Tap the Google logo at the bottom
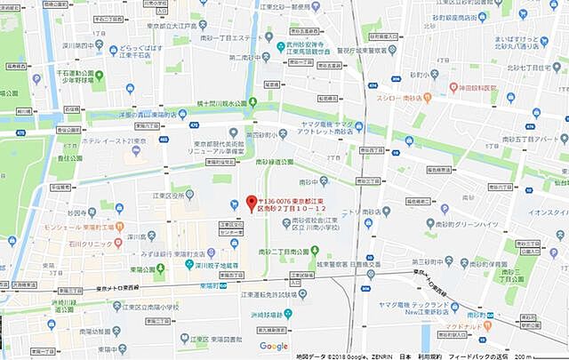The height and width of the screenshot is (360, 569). [273, 346]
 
